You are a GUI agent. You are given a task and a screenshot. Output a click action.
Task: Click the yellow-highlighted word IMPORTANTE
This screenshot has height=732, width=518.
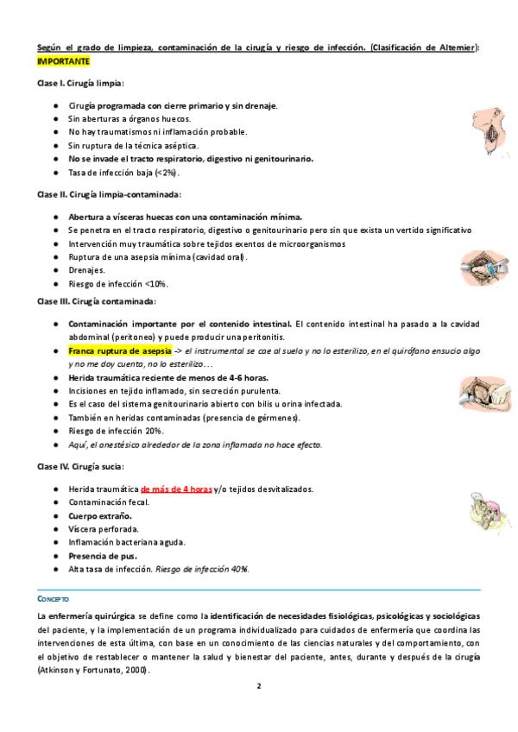62,62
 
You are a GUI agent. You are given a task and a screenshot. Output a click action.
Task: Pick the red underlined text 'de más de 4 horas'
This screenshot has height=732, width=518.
176,489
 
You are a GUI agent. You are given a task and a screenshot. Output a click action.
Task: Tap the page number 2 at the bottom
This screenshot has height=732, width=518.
258,687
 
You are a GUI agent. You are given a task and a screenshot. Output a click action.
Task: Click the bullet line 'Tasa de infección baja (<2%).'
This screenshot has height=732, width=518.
124,173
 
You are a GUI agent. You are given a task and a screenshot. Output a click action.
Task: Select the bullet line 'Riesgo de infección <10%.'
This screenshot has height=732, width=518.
118,283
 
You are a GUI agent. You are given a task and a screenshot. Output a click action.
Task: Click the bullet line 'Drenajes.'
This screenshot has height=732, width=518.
88,270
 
